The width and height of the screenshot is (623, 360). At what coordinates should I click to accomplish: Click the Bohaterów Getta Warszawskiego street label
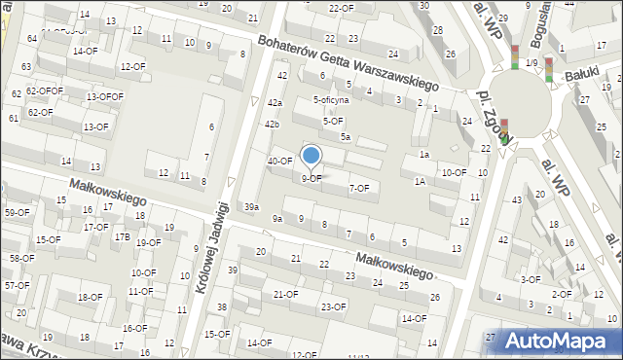(348, 62)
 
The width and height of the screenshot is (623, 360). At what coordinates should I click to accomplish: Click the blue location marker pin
(311, 157)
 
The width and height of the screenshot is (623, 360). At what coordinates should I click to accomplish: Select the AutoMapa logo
(556, 341)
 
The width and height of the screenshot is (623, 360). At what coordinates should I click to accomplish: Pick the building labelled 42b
(272, 125)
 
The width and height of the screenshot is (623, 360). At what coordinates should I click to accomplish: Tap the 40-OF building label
(280, 161)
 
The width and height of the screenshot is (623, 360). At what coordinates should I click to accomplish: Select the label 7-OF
(358, 188)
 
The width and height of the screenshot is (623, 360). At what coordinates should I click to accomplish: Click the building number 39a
(251, 206)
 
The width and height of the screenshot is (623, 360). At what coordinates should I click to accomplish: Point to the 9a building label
(276, 219)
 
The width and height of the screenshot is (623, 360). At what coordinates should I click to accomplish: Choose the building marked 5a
(345, 137)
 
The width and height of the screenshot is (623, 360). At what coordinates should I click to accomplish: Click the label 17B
(122, 236)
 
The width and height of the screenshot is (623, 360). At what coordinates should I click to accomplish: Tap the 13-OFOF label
(104, 96)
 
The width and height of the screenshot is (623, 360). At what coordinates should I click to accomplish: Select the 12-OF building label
(132, 66)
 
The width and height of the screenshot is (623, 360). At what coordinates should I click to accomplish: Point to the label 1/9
(531, 63)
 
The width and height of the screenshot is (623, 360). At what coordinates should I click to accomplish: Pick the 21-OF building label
(285, 294)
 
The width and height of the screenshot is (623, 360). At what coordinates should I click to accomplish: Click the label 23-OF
(333, 306)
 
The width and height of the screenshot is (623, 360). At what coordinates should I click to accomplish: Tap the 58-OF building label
(21, 258)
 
